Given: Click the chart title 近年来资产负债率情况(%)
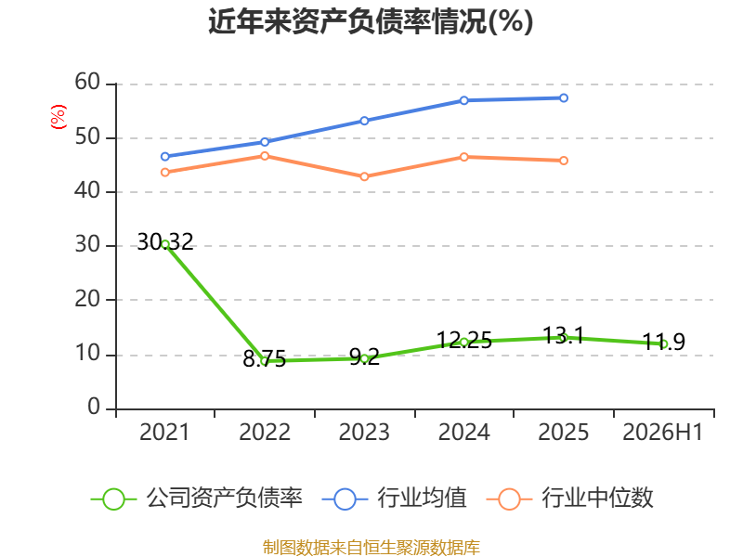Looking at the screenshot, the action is point(371,21).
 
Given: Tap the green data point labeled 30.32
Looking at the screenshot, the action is point(165,244).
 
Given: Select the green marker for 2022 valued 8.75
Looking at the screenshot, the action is point(265,361).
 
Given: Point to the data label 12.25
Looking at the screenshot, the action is point(463,340).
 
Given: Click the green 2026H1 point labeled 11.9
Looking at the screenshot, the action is point(663,344).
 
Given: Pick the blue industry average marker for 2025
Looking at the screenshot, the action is point(564,98).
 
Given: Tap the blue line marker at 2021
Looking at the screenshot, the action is point(165,156).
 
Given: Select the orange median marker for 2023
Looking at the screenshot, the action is point(364,176).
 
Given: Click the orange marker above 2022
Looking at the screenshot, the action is point(265,156).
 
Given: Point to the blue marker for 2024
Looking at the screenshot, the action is point(463,100).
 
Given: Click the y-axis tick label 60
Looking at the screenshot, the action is point(87,82).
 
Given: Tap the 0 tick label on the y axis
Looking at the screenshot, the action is point(94,407).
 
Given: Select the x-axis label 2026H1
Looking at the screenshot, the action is point(662,433).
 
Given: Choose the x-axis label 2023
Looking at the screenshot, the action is point(364,433).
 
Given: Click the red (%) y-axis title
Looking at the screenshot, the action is point(59,117).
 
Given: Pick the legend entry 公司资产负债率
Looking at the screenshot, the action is point(196,499).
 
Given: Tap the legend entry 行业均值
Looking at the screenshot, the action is point(394,499).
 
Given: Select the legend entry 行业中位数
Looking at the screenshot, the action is point(570,499).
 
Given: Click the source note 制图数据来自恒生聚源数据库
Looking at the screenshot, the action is point(371,548).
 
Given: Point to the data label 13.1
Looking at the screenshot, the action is point(563,335).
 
